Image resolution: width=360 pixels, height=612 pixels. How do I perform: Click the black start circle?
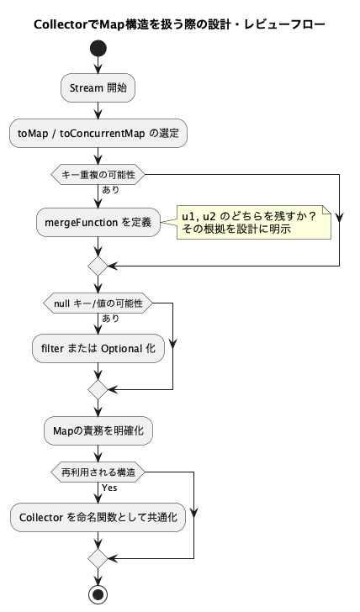point(98,49)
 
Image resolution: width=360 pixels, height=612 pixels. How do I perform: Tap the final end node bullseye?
point(98,594)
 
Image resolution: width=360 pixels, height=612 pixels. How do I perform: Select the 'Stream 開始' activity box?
point(98,87)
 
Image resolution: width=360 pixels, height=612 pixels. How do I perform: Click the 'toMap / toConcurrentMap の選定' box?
point(98,133)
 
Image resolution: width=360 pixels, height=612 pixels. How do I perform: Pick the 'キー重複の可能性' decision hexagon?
point(98,175)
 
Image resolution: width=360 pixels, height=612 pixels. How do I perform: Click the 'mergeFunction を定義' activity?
point(98,222)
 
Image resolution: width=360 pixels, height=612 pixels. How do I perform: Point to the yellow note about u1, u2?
point(254,222)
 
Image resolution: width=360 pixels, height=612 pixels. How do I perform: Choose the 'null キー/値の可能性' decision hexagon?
point(98,303)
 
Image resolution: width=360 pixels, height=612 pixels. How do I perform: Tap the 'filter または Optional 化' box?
point(98,348)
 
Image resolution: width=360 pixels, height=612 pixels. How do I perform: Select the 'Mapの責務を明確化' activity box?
point(98,431)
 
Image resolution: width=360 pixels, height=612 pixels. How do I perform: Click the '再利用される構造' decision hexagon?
point(98,472)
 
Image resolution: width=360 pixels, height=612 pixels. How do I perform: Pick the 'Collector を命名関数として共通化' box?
point(98,517)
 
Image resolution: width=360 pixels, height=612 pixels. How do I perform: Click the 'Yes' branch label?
point(109,488)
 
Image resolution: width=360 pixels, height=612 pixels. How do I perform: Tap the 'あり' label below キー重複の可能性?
point(110,190)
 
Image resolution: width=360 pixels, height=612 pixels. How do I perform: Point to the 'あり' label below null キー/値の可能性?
point(110,319)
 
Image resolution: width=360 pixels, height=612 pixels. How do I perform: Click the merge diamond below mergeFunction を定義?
point(98,266)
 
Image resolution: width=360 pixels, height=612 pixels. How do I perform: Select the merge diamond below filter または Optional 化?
point(98,389)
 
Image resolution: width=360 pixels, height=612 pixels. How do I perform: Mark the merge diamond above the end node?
point(98,558)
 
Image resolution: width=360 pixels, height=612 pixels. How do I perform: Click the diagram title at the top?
point(180,24)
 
